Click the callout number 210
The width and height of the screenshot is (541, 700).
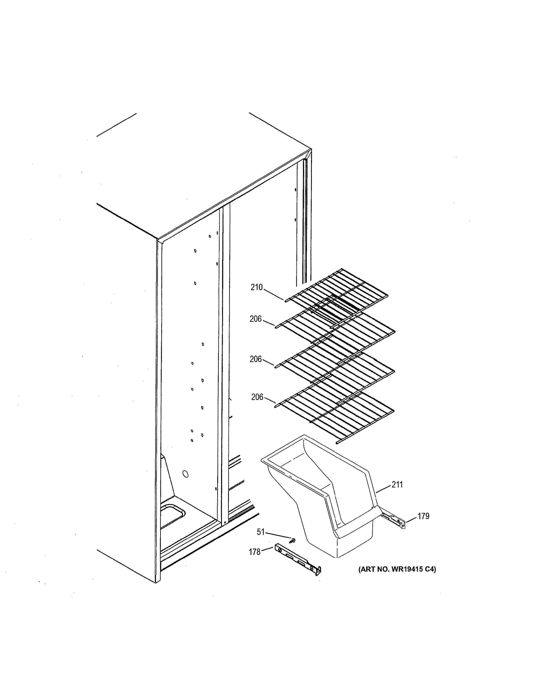pyautogui.click(x=256, y=287)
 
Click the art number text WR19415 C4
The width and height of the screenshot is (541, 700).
pyautogui.click(x=397, y=569)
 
